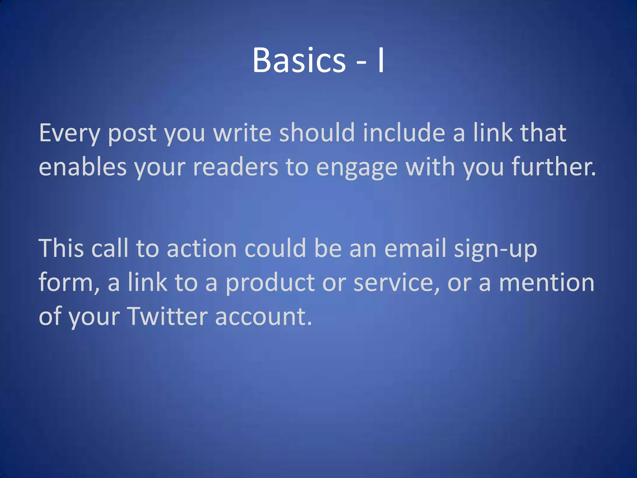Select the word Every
pyautogui.click(x=69, y=133)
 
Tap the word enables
pyautogui.click(x=83, y=167)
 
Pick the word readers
pyautogui.click(x=235, y=167)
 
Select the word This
pyautogui.click(x=61, y=248)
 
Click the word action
pyautogui.click(x=202, y=248)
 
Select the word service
pyautogui.click(x=397, y=282)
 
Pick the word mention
pyautogui.click(x=546, y=282)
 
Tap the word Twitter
pyautogui.click(x=168, y=316)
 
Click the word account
pyautogui.click(x=263, y=316)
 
